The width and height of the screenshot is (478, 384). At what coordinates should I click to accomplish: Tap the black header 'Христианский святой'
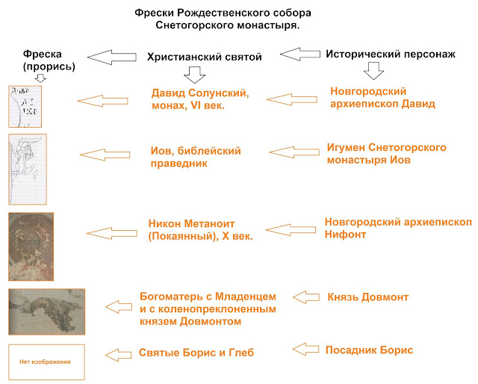tap(203, 57)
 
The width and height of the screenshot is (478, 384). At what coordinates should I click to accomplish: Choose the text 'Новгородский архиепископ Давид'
tap(382, 97)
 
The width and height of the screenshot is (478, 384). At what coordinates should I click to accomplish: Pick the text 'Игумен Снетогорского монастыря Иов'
tap(386, 154)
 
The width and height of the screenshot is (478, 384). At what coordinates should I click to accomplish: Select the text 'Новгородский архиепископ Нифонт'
tap(398, 228)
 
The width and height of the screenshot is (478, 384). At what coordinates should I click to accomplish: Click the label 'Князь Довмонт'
tap(367, 297)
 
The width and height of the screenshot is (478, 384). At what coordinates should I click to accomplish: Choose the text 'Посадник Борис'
tap(369, 350)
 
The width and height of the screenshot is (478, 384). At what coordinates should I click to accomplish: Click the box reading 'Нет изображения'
tap(46, 362)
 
